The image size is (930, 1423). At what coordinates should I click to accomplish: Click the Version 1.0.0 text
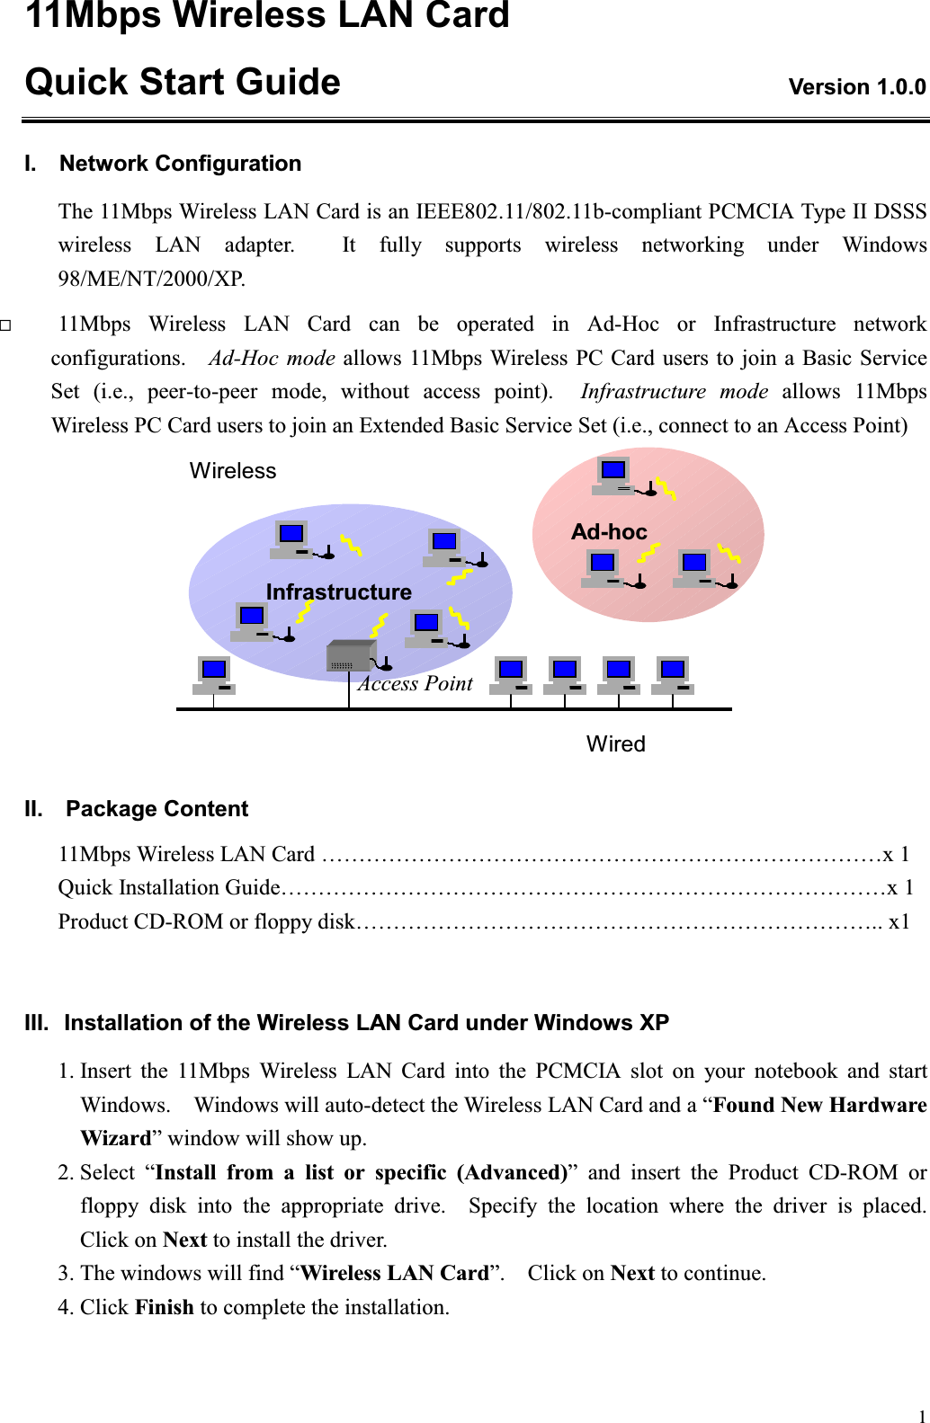pyautogui.click(x=856, y=87)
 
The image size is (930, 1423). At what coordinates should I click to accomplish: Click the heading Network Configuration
pyautogui.click(x=180, y=164)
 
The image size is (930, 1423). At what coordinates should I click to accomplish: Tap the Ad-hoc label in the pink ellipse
pyautogui.click(x=609, y=532)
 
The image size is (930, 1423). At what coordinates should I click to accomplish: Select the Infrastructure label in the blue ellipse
pyautogui.click(x=338, y=591)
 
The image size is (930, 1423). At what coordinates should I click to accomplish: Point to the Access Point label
pyautogui.click(x=416, y=684)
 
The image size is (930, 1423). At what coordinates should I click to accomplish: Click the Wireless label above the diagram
pyautogui.click(x=233, y=471)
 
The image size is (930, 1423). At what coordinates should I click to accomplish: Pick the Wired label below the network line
pyautogui.click(x=615, y=744)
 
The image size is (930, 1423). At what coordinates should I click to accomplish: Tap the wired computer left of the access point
pyautogui.click(x=214, y=675)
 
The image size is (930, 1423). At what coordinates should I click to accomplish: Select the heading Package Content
pyautogui.click(x=156, y=809)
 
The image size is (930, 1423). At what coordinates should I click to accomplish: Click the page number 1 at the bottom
pyautogui.click(x=922, y=1416)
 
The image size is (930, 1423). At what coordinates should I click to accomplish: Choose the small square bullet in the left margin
pyautogui.click(x=5, y=325)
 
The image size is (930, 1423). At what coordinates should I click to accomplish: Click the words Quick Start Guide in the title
pyautogui.click(x=183, y=82)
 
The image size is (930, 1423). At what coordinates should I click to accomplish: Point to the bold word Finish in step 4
pyautogui.click(x=164, y=1307)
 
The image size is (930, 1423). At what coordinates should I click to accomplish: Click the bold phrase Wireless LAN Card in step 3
pyautogui.click(x=394, y=1273)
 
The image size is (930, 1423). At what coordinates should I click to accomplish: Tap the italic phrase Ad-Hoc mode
pyautogui.click(x=272, y=358)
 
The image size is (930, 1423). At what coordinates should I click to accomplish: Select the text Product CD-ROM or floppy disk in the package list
pyautogui.click(x=206, y=921)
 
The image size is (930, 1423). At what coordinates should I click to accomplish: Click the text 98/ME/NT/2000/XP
pyautogui.click(x=151, y=279)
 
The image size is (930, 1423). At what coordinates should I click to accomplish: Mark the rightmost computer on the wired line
pyautogui.click(x=673, y=675)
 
